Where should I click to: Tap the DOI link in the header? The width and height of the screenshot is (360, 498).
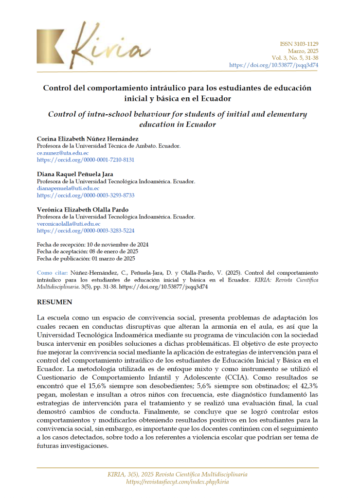pyautogui.click(x=273, y=65)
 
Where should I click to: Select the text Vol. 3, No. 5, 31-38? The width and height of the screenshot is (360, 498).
pyautogui.click(x=296, y=58)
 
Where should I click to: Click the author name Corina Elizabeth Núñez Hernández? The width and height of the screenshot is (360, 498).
pyautogui.click(x=88, y=139)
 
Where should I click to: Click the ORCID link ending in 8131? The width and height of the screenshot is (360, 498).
pyautogui.click(x=86, y=160)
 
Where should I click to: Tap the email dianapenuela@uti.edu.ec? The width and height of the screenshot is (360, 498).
pyautogui.click(x=68, y=188)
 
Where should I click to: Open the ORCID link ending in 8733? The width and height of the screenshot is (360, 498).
pyautogui.click(x=86, y=195)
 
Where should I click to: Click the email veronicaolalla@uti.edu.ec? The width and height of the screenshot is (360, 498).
pyautogui.click(x=69, y=224)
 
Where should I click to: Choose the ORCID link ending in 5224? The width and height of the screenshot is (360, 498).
pyautogui.click(x=86, y=231)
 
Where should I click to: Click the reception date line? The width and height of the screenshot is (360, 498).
pyautogui.click(x=93, y=245)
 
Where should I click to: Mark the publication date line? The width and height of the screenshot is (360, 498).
pyautogui.click(x=86, y=259)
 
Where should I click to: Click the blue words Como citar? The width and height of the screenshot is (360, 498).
pyautogui.click(x=52, y=273)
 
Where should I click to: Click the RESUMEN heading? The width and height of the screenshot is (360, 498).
pyautogui.click(x=54, y=302)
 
